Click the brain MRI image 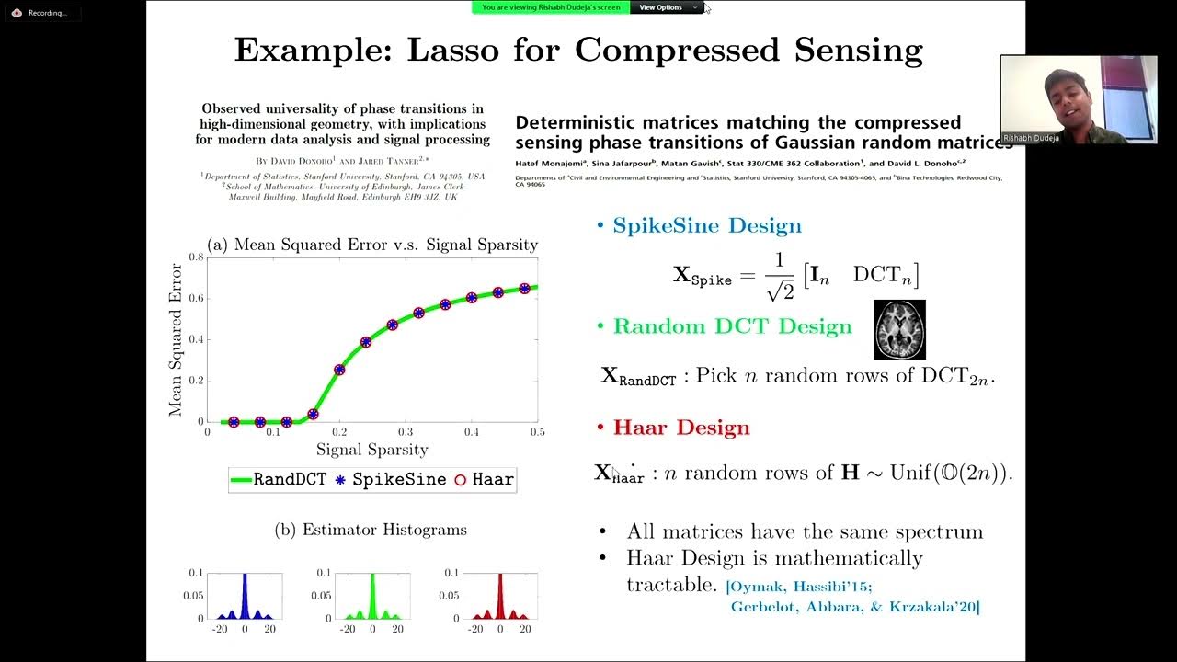click(x=898, y=329)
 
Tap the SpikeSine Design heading click(x=706, y=225)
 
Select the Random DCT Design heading click(x=732, y=326)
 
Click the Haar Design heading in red click(x=680, y=428)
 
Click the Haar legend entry click(x=484, y=479)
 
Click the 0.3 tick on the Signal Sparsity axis click(x=406, y=432)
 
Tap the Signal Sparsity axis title click(x=372, y=450)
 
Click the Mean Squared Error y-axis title click(x=176, y=339)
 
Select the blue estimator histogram click(x=245, y=597)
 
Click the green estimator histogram click(x=372, y=597)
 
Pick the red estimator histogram click(x=499, y=597)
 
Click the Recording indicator click(x=40, y=13)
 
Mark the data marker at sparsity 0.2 click(x=339, y=370)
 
